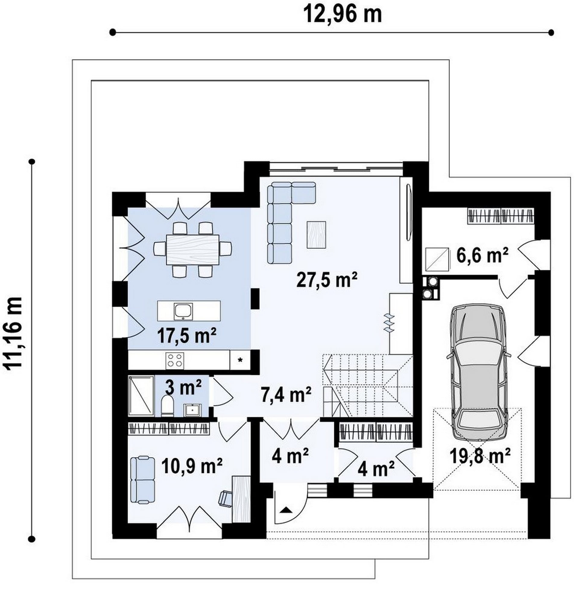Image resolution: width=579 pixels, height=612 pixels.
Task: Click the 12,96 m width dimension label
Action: click(343, 14)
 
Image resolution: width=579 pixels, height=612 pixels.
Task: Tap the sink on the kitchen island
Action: click(183, 311)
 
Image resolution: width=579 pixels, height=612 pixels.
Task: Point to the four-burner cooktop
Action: click(175, 360)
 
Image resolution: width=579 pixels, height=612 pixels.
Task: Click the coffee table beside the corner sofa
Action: click(316, 234)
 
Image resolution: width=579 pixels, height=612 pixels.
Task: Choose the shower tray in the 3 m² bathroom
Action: click(141, 396)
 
